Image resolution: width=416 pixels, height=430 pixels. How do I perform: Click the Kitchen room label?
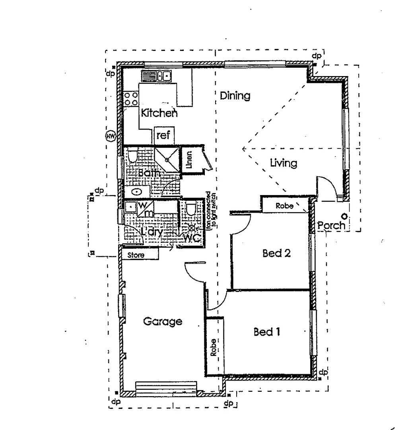pyautogui.click(x=159, y=113)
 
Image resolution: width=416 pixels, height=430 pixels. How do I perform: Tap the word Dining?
pyautogui.click(x=235, y=96)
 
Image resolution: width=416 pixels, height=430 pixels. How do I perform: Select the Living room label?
pyautogui.click(x=283, y=163)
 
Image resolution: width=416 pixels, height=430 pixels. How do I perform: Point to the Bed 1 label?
pyautogui.click(x=266, y=332)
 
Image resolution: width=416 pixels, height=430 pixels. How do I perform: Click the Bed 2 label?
pyautogui.click(x=276, y=253)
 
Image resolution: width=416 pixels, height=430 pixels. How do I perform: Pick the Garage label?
pyautogui.click(x=163, y=321)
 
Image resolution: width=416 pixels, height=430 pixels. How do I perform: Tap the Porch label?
pyautogui.click(x=331, y=225)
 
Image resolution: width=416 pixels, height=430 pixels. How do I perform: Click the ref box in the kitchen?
pyautogui.click(x=163, y=136)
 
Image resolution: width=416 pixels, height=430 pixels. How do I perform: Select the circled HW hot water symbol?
pyautogui.click(x=111, y=137)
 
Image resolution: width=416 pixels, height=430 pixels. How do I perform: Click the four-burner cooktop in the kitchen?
pyautogui.click(x=131, y=99)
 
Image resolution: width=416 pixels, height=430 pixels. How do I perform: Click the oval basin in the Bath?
pyautogui.click(x=137, y=192)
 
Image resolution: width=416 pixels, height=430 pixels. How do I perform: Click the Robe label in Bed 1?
pyautogui.click(x=214, y=347)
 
